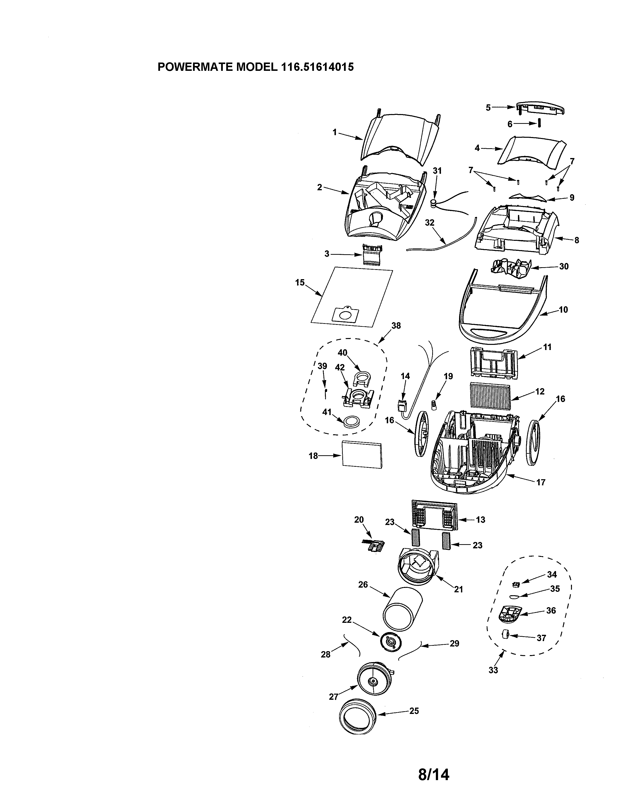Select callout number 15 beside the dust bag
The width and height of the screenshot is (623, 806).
(300, 282)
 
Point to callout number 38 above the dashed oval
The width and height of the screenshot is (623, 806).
(396, 326)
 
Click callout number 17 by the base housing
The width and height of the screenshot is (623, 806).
(540, 482)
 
